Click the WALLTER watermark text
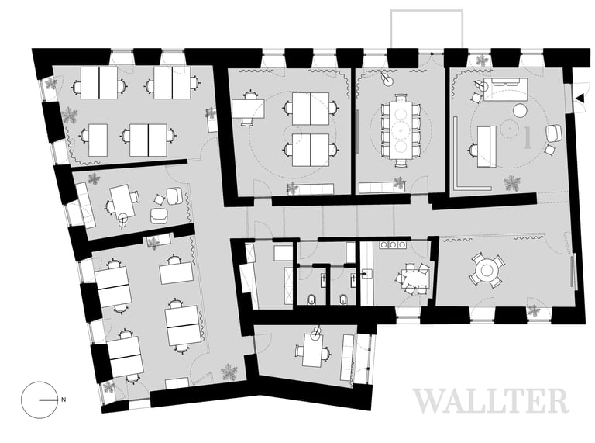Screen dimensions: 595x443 [490, 401]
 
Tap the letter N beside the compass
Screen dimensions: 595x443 [64, 400]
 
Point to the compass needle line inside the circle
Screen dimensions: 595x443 [48, 400]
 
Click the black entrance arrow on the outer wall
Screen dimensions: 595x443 [580, 99]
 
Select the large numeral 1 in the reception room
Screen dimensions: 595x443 [527, 137]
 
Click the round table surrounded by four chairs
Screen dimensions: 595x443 [487, 270]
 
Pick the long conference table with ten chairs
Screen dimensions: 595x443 [401, 130]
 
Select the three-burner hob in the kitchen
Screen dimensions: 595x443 [393, 244]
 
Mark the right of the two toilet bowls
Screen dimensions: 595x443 [343, 299]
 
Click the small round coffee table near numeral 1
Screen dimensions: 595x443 [521, 111]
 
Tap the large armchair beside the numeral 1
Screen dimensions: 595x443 [554, 133]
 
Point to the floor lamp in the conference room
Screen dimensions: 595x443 [386, 78]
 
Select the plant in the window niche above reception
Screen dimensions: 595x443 [483, 60]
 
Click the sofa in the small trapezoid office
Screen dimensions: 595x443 [347, 357]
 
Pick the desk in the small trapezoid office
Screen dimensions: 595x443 [313, 350]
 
